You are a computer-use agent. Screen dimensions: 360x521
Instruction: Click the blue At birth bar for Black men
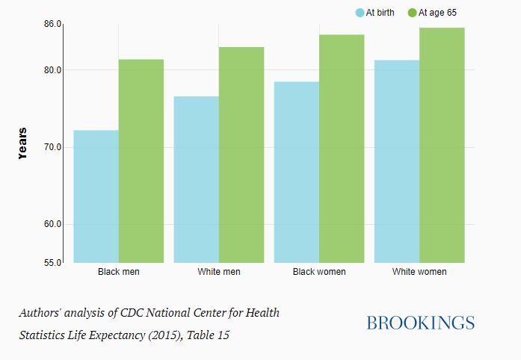pyautogui.click(x=96, y=196)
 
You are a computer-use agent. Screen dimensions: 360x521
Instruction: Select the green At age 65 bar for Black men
pyautogui.click(x=141, y=161)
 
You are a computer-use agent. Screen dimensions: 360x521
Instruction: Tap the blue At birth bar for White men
pyautogui.click(x=196, y=179)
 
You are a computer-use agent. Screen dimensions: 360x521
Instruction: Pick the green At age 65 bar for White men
pyautogui.click(x=241, y=155)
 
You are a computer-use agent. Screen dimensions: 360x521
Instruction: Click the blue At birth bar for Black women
pyautogui.click(x=297, y=172)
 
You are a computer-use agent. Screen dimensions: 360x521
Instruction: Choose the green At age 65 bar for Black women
pyautogui.click(x=342, y=149)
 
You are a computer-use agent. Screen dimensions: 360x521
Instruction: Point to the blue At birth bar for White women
pyautogui.click(x=397, y=161)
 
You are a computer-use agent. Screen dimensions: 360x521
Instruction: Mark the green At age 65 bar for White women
pyautogui.click(x=442, y=145)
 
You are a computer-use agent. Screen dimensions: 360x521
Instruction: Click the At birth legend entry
pyautogui.click(x=375, y=13)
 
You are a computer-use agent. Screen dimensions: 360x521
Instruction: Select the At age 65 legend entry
pyautogui.click(x=433, y=13)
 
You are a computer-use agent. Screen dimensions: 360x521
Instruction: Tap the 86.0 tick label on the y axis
pyautogui.click(x=52, y=25)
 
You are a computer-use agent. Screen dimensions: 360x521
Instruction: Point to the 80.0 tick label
pyautogui.click(x=52, y=70)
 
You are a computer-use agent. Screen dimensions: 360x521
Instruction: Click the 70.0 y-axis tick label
pyautogui.click(x=52, y=147)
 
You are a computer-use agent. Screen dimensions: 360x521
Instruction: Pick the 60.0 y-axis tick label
pyautogui.click(x=52, y=224)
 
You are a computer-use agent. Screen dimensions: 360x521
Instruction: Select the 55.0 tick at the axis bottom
pyautogui.click(x=52, y=263)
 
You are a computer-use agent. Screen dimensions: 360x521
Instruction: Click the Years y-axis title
pyautogui.click(x=22, y=143)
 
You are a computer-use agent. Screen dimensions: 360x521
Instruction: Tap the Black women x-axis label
pyautogui.click(x=319, y=272)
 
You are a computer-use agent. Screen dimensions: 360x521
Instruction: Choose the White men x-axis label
pyautogui.click(x=219, y=272)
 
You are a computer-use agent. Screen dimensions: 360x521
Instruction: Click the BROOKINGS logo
pyautogui.click(x=420, y=323)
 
